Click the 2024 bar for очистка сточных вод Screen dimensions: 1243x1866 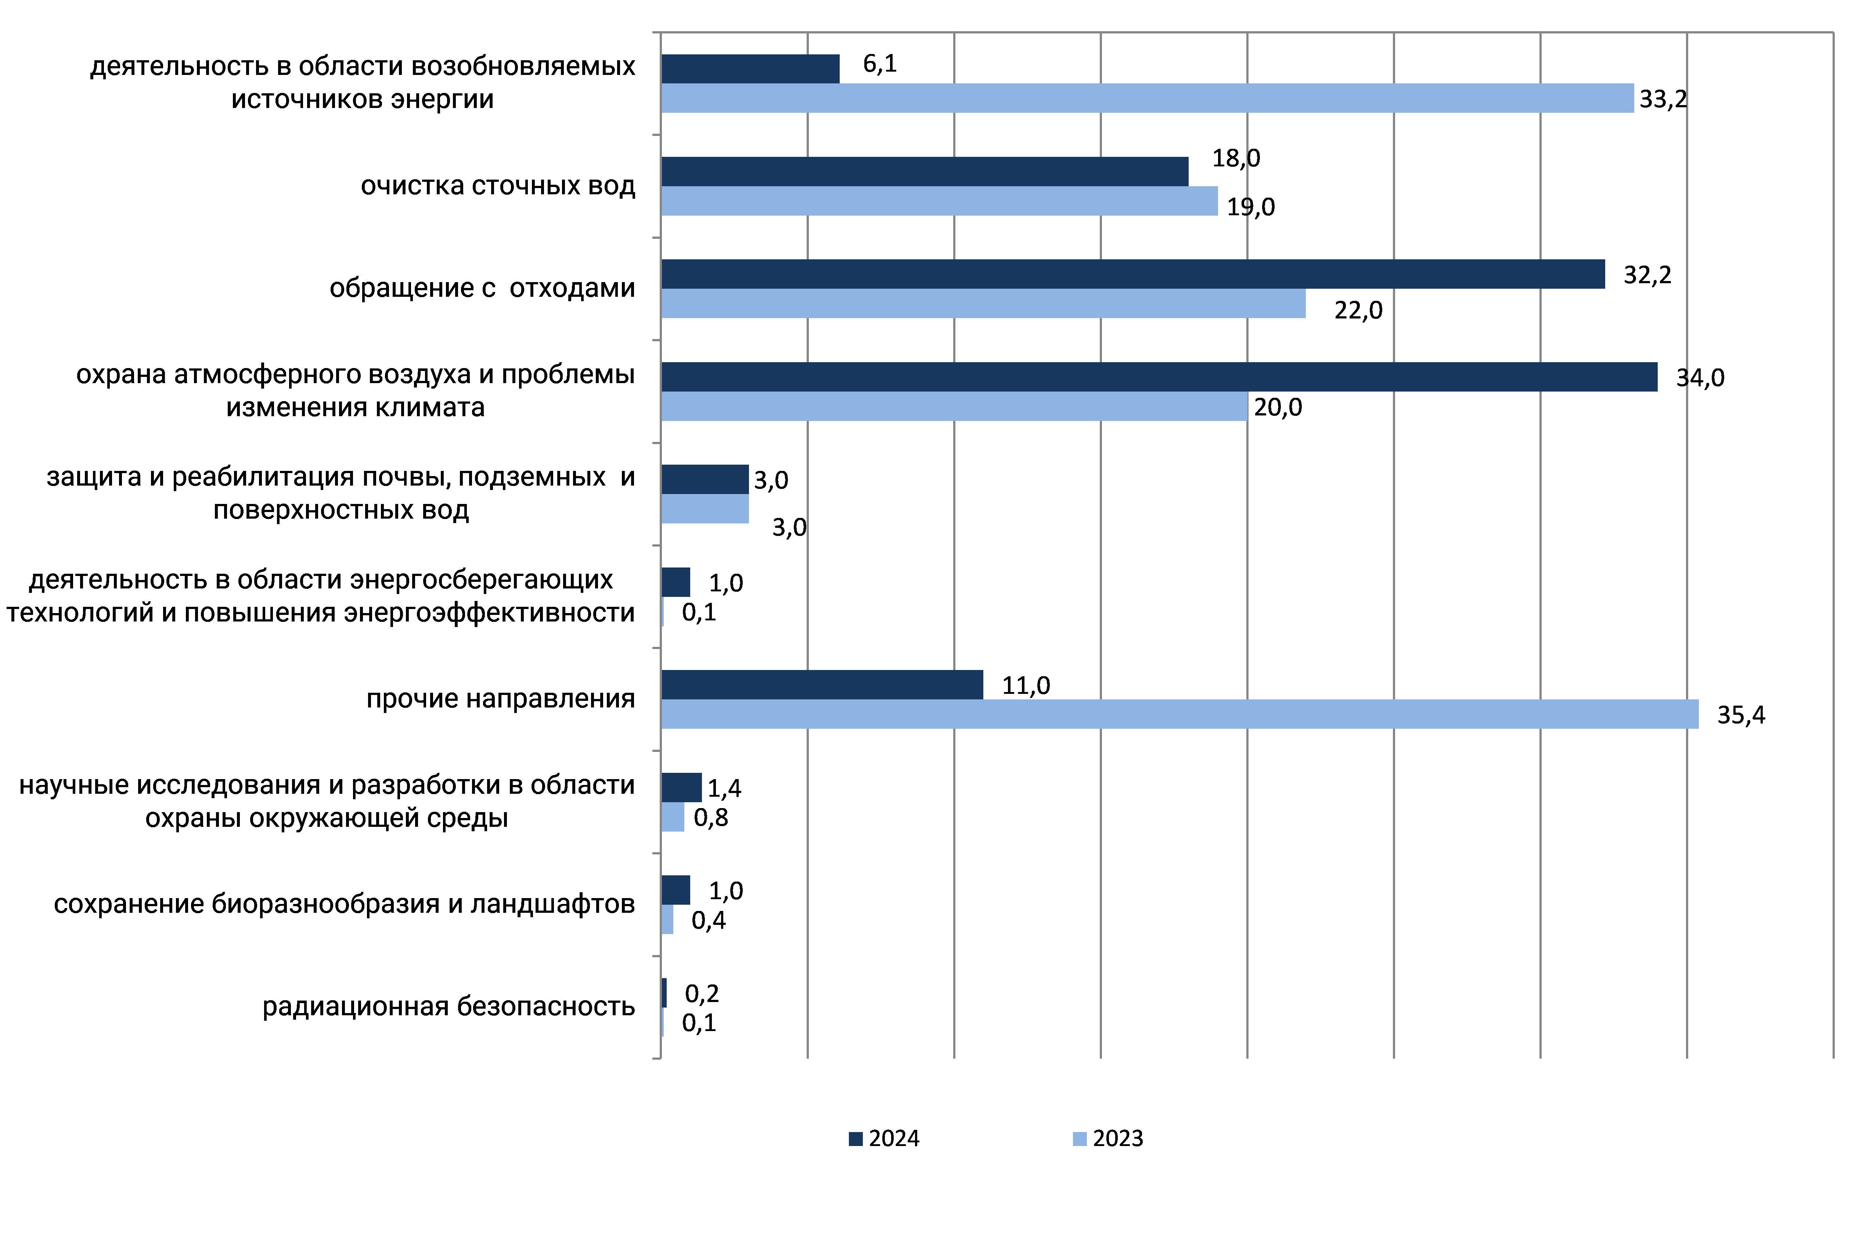(924, 171)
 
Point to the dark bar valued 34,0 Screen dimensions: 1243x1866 (1159, 376)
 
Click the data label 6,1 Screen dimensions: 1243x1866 (880, 64)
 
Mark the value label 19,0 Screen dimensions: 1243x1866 (1251, 207)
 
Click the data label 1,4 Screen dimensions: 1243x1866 (724, 788)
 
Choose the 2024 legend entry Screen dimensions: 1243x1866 (884, 1138)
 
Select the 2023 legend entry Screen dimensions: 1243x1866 (1108, 1138)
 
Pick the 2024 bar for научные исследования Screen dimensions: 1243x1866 (681, 787)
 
